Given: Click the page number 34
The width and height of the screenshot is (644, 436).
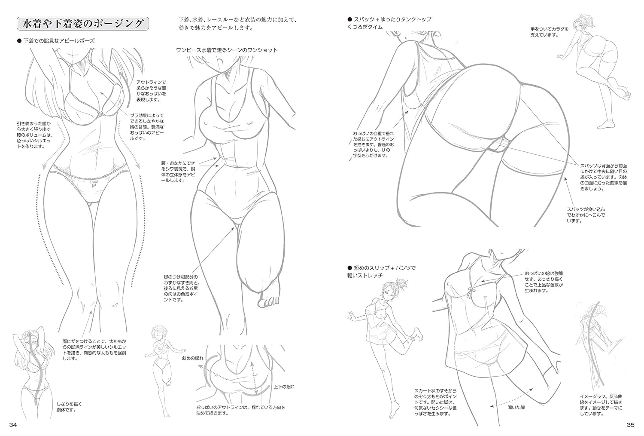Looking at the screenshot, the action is (x=13, y=425).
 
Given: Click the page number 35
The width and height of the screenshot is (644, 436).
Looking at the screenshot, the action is (x=631, y=425).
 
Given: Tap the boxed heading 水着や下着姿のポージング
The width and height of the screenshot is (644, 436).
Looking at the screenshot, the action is (x=83, y=24).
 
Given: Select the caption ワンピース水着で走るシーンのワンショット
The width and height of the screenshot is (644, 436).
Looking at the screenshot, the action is (x=227, y=50).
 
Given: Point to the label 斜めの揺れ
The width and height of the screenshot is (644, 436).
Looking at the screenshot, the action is (x=193, y=358).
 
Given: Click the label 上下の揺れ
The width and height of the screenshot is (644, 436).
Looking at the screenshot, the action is (x=284, y=387).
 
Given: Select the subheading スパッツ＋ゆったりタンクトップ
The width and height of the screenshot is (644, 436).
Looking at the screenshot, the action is (x=389, y=19).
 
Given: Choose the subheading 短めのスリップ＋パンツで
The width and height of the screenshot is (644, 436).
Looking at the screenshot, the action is (x=382, y=268).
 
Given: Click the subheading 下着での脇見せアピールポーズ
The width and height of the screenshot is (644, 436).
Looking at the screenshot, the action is (x=56, y=41).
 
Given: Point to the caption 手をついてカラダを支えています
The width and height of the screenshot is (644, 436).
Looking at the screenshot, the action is (x=550, y=32).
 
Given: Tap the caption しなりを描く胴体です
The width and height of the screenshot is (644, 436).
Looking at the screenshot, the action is (x=69, y=407).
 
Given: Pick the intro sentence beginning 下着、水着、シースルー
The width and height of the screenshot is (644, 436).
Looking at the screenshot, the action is (x=237, y=24).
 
